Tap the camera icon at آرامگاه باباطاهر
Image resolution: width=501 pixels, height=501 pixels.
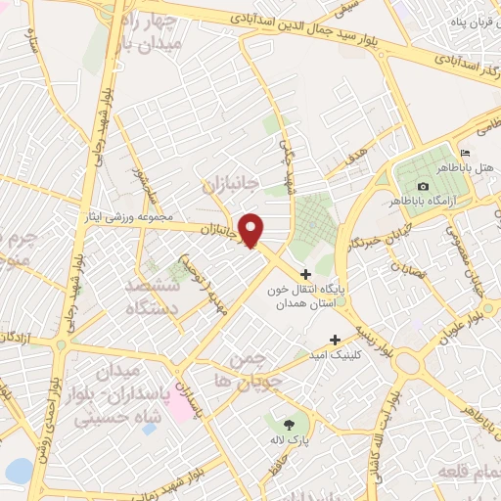[x=423, y=186]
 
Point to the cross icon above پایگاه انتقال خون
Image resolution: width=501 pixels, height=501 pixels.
[x=306, y=275]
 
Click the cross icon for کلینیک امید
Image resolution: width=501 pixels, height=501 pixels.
[x=336, y=339]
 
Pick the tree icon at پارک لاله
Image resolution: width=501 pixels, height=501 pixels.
[x=289, y=424]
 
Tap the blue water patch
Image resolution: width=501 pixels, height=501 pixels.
[x=18, y=472]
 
